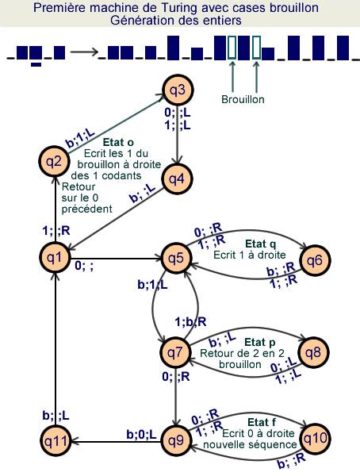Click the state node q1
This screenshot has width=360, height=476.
point(55,257)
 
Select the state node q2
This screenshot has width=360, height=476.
point(54,162)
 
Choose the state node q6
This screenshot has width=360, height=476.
point(314,259)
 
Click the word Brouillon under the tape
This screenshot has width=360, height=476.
point(243,100)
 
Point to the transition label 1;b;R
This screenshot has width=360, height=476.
point(190,321)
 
